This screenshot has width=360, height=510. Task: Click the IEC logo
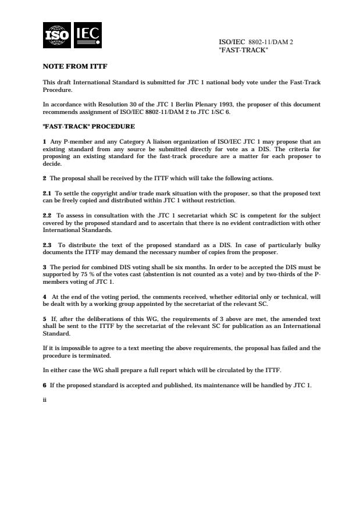pos(87,35)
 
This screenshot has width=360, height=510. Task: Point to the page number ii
pos(45,400)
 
